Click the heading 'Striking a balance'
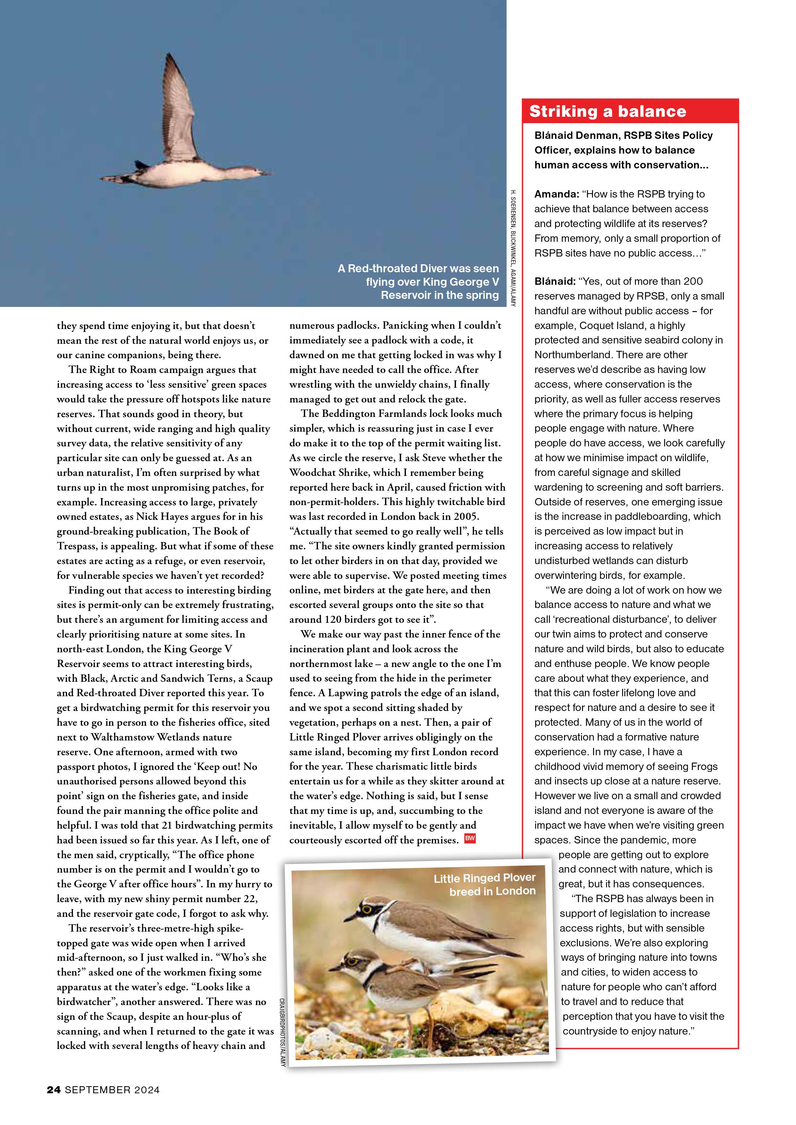point(607,112)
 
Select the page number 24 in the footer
point(54,1104)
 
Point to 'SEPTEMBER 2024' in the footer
point(112,1104)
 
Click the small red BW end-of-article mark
point(470,838)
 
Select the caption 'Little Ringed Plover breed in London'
point(484,884)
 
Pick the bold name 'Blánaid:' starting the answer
point(555,281)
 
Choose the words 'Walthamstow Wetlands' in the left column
point(161,737)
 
